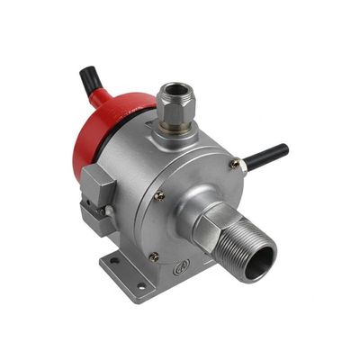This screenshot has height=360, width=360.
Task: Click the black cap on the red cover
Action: point(90,81)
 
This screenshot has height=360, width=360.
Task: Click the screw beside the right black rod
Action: point(234,164)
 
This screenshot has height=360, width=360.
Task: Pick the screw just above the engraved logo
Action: point(154,256)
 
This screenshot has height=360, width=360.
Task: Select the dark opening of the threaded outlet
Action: point(260,262)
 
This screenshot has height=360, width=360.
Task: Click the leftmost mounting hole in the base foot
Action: point(114,263)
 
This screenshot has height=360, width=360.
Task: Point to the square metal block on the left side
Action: point(96,187)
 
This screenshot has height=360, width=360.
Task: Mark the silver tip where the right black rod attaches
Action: point(242,166)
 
